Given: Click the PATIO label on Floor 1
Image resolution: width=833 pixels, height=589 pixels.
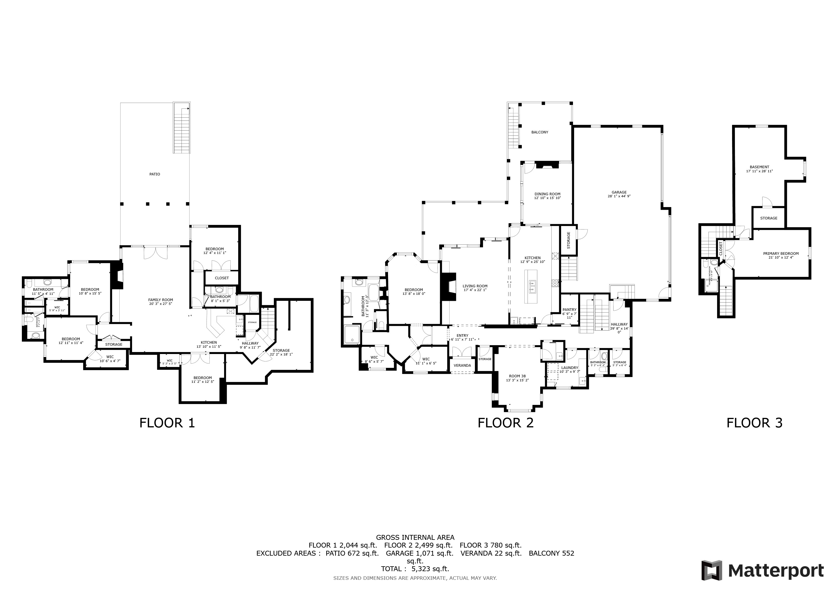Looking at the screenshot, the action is coord(154,174).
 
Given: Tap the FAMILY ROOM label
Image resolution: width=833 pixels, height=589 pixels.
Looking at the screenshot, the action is coord(161,300).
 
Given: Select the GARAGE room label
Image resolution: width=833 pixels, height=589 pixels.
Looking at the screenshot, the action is coord(619,193).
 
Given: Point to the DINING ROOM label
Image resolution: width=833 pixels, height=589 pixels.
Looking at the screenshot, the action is coord(547,194).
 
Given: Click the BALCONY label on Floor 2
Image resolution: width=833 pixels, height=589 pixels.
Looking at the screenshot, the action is coord(540,132).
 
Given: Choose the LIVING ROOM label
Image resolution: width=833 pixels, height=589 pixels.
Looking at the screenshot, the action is coord(475,286).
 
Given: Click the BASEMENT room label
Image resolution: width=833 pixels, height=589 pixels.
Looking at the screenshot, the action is coord(759,167).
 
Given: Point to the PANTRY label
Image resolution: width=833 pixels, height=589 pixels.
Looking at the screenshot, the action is coord(569,310).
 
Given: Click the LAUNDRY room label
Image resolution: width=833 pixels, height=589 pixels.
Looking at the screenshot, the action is coord(569,368).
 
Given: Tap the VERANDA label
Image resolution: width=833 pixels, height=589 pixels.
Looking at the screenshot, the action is coord(462,365).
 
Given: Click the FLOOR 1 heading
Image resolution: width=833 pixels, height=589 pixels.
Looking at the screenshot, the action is coord(167,423).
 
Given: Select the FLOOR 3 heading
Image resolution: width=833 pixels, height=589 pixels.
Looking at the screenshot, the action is coord(754,423).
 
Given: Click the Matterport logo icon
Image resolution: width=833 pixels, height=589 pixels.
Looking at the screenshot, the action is coord(711,571).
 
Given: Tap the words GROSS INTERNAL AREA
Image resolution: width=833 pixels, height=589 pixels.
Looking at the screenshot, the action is coord(415,538).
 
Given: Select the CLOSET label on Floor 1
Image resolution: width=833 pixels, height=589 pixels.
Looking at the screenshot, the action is coord(222,278).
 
